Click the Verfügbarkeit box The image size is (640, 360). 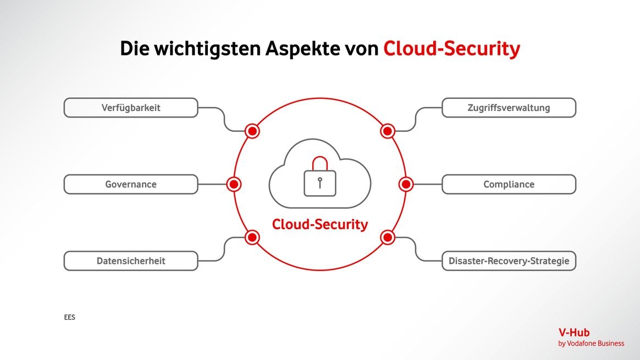131,108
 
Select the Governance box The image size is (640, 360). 131,184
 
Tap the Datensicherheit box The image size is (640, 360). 131,261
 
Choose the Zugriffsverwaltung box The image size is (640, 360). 509,108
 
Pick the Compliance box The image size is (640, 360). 509,184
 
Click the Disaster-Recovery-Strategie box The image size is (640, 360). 509,261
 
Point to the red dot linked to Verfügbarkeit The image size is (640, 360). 252,131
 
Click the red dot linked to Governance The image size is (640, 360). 234,184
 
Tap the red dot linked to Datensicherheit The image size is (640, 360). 252,237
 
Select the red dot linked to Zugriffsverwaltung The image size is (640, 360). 388,131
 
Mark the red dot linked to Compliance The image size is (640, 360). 406,184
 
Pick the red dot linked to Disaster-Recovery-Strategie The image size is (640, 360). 388,237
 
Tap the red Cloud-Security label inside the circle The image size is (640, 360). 320,224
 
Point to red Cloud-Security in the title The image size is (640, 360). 451,49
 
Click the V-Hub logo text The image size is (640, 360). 574,333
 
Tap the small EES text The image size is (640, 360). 69,318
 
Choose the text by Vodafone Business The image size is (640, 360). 591,344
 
